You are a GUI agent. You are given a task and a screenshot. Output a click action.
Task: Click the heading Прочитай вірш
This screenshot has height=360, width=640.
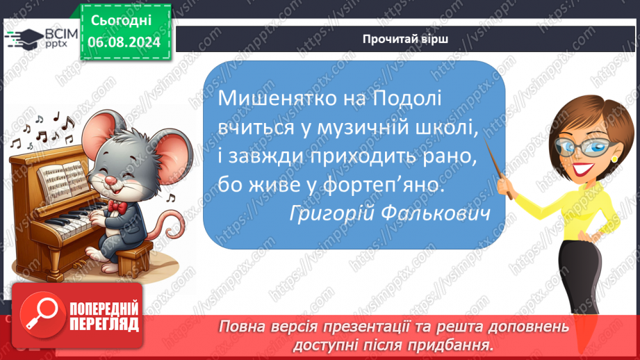(x=405, y=39)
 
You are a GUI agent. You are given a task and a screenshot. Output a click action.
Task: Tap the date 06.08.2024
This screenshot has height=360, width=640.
(x=124, y=42)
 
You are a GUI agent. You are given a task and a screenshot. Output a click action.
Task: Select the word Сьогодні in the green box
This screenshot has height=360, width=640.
(x=121, y=20)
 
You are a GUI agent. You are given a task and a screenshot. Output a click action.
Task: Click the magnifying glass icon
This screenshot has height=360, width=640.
(x=42, y=315)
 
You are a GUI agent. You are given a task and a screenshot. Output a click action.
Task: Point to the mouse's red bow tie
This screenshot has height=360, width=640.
(x=117, y=206)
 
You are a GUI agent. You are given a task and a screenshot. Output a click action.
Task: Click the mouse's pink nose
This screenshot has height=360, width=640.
(x=109, y=180)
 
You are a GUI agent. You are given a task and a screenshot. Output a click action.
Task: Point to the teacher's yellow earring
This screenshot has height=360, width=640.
(x=614, y=158)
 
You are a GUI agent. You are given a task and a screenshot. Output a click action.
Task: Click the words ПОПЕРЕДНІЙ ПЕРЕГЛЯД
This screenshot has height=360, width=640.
(x=104, y=317)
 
